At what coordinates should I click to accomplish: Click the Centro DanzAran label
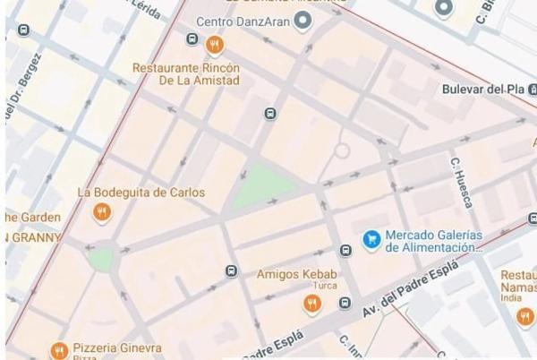pyautogui.click(x=243, y=21)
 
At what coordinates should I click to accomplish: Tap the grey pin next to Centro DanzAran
pyautogui.click(x=303, y=20)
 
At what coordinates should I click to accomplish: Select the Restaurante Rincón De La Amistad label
pyautogui.click(x=186, y=73)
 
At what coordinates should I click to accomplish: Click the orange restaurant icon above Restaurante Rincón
pyautogui.click(x=214, y=44)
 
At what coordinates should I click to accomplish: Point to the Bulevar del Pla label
pyautogui.click(x=483, y=90)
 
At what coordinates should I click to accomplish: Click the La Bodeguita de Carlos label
pyautogui.click(x=141, y=193)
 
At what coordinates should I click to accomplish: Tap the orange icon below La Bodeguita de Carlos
pyautogui.click(x=102, y=213)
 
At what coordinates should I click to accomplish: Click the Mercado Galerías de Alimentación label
pyautogui.click(x=433, y=241)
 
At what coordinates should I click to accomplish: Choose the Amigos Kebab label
pyautogui.click(x=296, y=274)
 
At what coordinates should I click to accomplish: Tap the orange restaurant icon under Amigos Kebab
pyautogui.click(x=311, y=304)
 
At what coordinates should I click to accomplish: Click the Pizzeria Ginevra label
pyautogui.click(x=116, y=347)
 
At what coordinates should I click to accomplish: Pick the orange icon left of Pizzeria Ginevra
pyautogui.click(x=59, y=350)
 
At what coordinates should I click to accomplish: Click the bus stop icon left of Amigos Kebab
pyautogui.click(x=232, y=271)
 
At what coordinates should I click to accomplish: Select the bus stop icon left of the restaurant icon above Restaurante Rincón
pyautogui.click(x=192, y=39)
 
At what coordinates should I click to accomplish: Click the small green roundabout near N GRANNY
pyautogui.click(x=101, y=259)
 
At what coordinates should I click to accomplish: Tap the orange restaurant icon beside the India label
pyautogui.click(x=525, y=317)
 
